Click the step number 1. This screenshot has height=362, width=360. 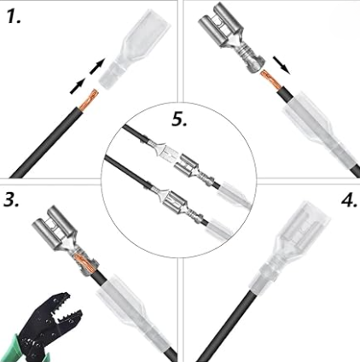(x=14, y=16)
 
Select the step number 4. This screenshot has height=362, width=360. (x=349, y=200)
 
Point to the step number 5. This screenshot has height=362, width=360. (x=180, y=119)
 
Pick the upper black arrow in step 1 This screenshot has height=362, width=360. (x=97, y=67)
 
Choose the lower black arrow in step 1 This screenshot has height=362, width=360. (x=78, y=85)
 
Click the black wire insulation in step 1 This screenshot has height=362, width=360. (x=46, y=143)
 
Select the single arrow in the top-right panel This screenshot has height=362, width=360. (x=282, y=65)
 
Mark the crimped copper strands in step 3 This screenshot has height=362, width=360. (x=84, y=260)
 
